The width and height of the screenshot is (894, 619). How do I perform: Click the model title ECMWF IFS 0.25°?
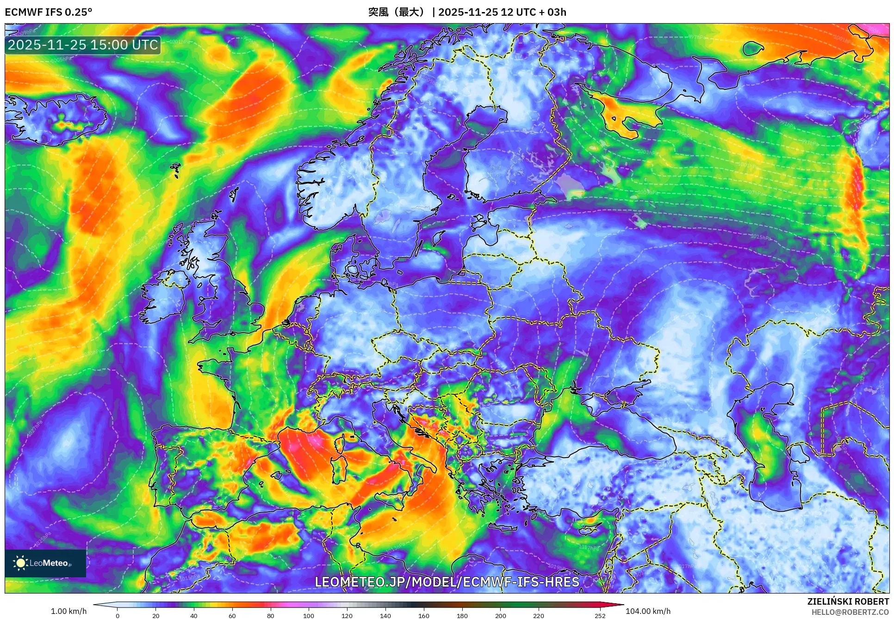(x=48, y=12)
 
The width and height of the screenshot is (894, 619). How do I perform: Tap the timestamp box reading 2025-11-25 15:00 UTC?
(x=83, y=45)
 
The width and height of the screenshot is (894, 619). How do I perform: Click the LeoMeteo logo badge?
(x=45, y=563)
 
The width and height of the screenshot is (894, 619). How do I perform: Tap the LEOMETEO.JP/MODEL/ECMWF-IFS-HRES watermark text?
(x=447, y=582)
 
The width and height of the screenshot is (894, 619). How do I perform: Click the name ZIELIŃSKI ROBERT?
(x=848, y=601)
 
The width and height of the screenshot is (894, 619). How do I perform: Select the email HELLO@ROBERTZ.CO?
(x=850, y=612)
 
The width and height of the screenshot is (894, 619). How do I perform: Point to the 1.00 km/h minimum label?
(x=68, y=611)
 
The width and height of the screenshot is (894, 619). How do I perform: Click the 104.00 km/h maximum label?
(x=648, y=611)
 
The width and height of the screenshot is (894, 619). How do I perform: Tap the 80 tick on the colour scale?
(x=270, y=615)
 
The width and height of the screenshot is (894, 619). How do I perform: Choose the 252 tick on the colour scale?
(x=600, y=615)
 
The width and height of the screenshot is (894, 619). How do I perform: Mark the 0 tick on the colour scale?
(x=118, y=615)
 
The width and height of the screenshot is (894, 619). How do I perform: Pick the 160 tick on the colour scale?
(x=423, y=615)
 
